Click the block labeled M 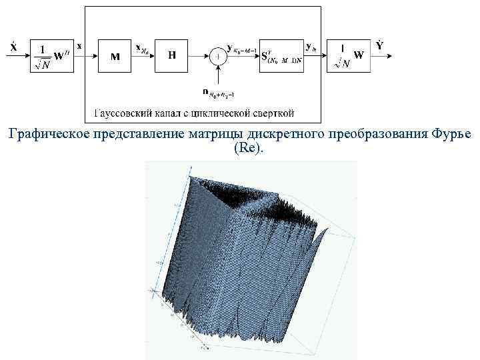(x=115, y=56)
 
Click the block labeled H (x=172, y=56)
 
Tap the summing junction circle (x=217, y=57)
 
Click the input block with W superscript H (x=49, y=56)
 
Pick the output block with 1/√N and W (x=349, y=56)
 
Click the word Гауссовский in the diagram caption (x=121, y=113)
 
